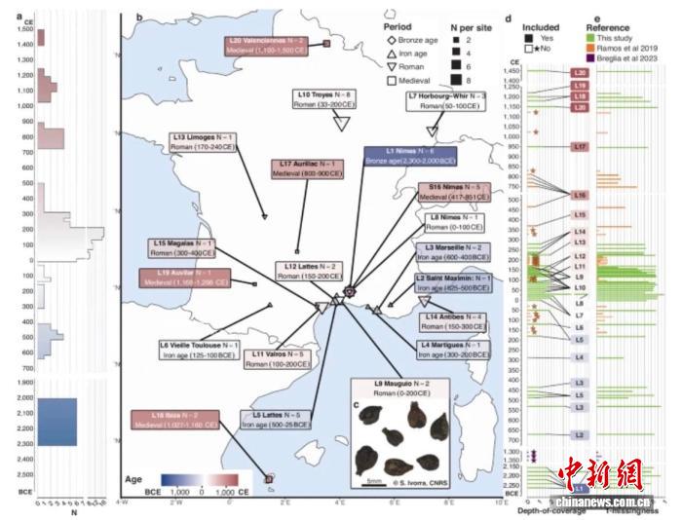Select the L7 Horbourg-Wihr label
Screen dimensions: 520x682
click(447, 98)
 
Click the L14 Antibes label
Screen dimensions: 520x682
click(454, 320)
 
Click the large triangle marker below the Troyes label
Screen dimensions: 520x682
click(342, 122)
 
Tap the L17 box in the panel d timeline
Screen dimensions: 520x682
click(580, 146)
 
